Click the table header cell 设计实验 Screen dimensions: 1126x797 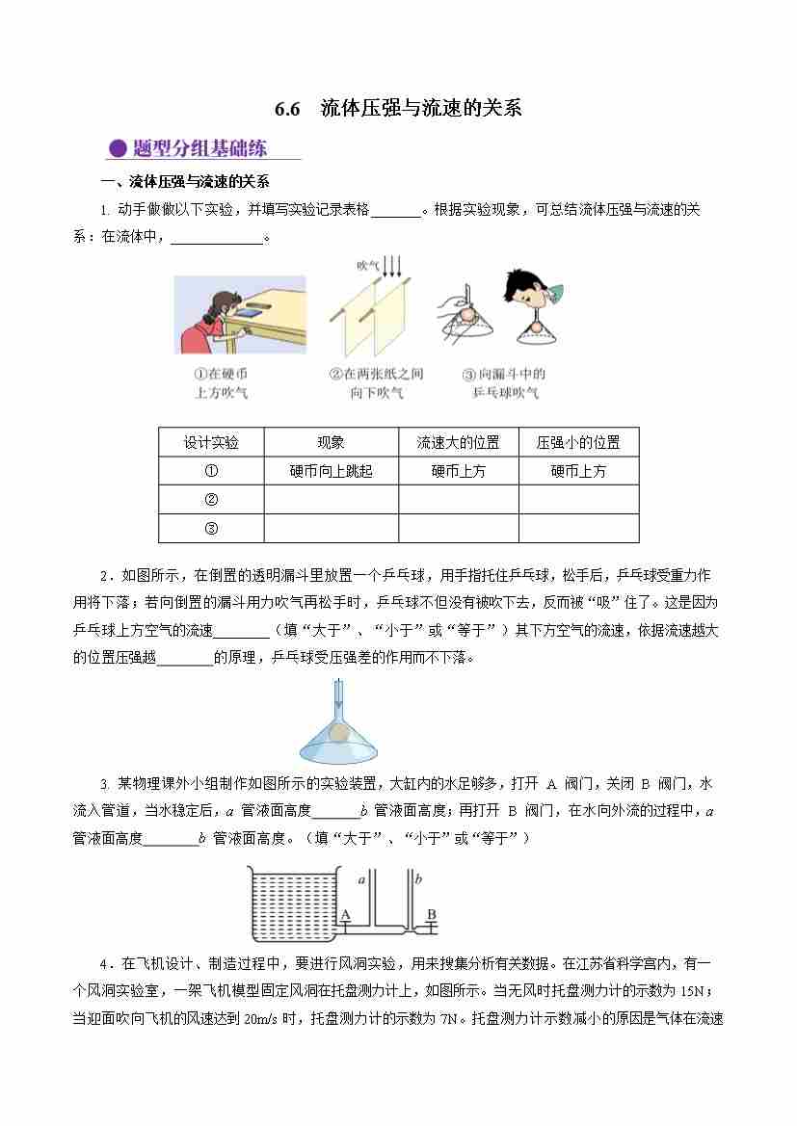coord(211,442)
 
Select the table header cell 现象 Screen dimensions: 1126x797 coord(331,442)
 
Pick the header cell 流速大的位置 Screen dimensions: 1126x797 coord(458,442)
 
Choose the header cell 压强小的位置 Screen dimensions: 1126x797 coord(578,442)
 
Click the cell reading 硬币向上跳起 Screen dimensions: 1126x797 coord(331,471)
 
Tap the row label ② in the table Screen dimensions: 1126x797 coord(211,499)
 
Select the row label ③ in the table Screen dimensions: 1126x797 coord(211,528)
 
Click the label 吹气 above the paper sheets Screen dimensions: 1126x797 coord(366,265)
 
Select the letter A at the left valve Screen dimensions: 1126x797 coord(344,914)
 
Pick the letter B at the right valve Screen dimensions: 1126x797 coord(431,914)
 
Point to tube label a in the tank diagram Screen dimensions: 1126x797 coord(361,879)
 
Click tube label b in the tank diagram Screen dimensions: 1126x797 coord(418,879)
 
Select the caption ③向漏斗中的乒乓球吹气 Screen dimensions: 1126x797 coord(505,383)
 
